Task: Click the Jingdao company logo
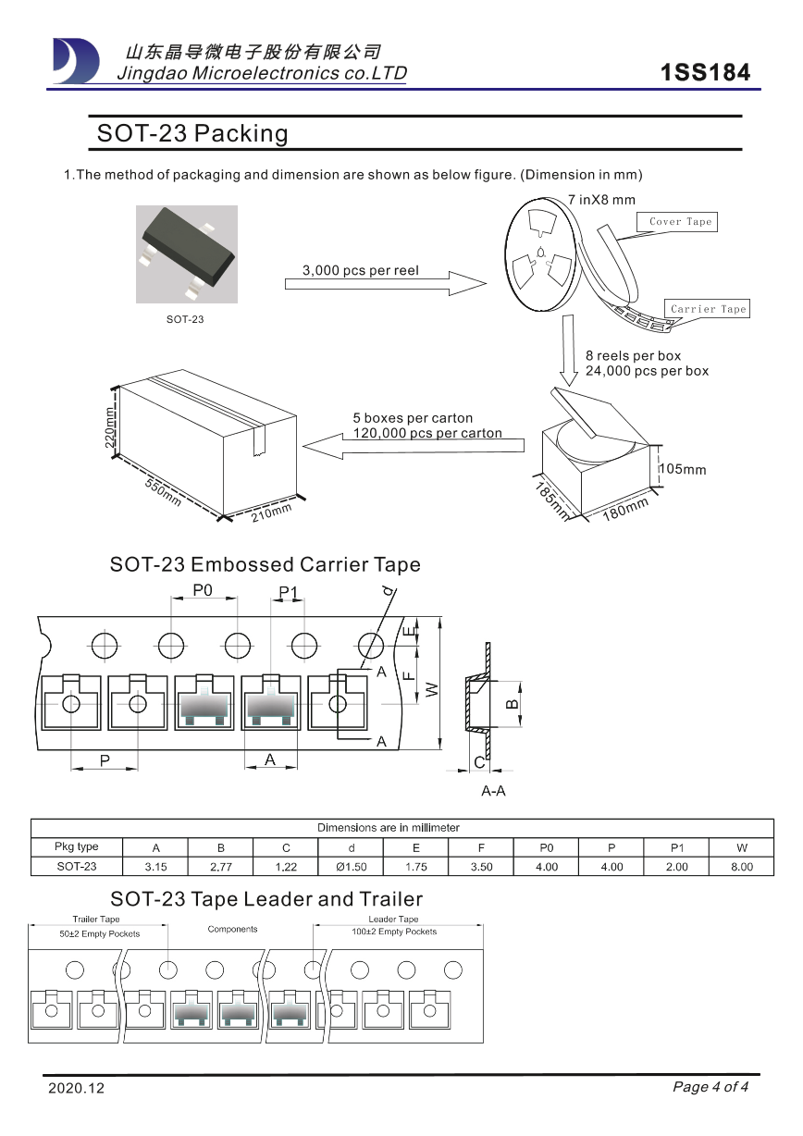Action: coord(76,61)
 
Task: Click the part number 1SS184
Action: coord(706,73)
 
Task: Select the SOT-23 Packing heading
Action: coord(192,134)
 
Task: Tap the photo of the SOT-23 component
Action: coord(186,253)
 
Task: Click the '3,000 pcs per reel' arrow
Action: coord(384,281)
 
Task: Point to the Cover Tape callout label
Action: coord(680,222)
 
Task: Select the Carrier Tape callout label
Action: coord(707,309)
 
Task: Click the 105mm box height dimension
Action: coord(683,470)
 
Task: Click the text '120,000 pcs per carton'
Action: coord(427,433)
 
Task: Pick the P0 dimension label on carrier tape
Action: coord(203,590)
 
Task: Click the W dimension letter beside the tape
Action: coord(430,688)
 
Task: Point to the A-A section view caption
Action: coord(493,792)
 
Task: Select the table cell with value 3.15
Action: coord(155,867)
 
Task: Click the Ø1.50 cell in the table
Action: coord(351,867)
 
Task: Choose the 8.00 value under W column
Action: coord(741,867)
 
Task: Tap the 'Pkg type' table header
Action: coord(77,847)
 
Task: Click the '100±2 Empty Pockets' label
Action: coord(393,932)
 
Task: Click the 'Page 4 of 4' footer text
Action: coord(710,1087)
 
